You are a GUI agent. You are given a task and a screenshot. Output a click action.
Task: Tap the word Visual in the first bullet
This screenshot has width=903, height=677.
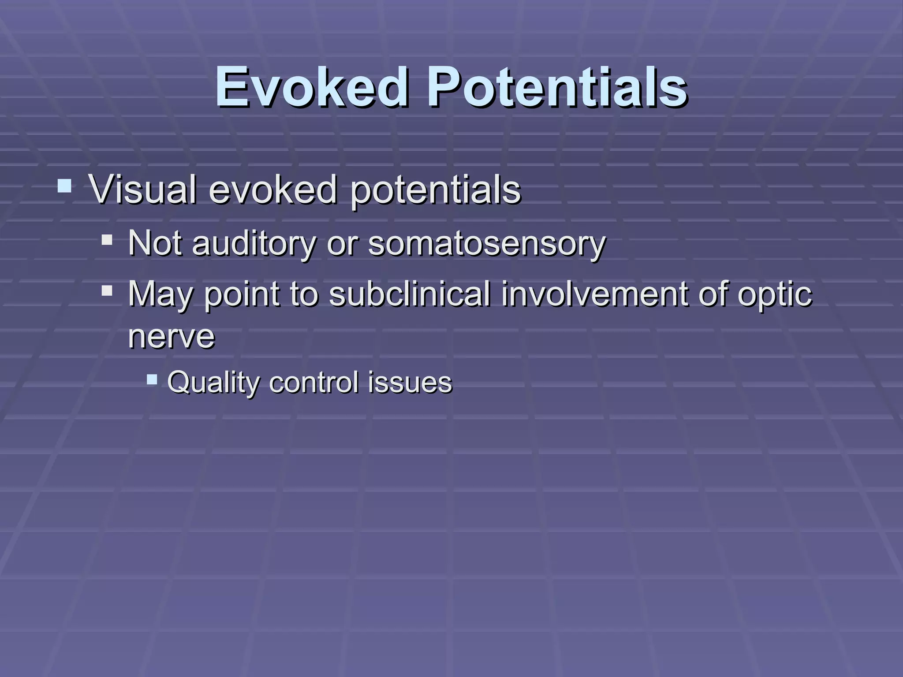click(x=142, y=190)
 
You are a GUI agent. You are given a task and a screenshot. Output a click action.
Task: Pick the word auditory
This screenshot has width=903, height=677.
click(x=254, y=244)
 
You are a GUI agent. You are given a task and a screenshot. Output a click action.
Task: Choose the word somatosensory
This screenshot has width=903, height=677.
click(x=487, y=244)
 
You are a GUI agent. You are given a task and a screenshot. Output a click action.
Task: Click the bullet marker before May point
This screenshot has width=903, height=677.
click(x=107, y=291)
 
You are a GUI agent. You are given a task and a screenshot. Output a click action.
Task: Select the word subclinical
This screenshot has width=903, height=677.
click(x=410, y=294)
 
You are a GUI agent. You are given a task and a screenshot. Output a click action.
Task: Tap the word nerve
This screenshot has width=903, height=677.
click(x=172, y=337)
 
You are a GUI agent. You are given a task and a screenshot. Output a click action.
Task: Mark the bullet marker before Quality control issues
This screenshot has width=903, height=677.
click(x=152, y=379)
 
